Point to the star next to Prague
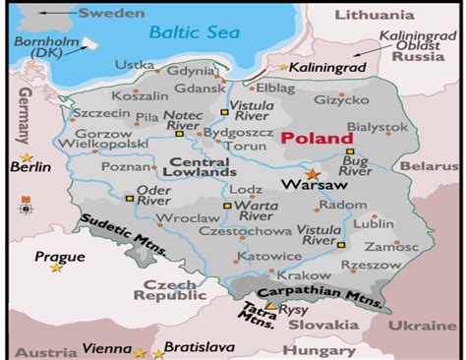(57, 268)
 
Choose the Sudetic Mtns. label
(122, 233)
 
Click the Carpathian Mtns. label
(319, 292)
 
